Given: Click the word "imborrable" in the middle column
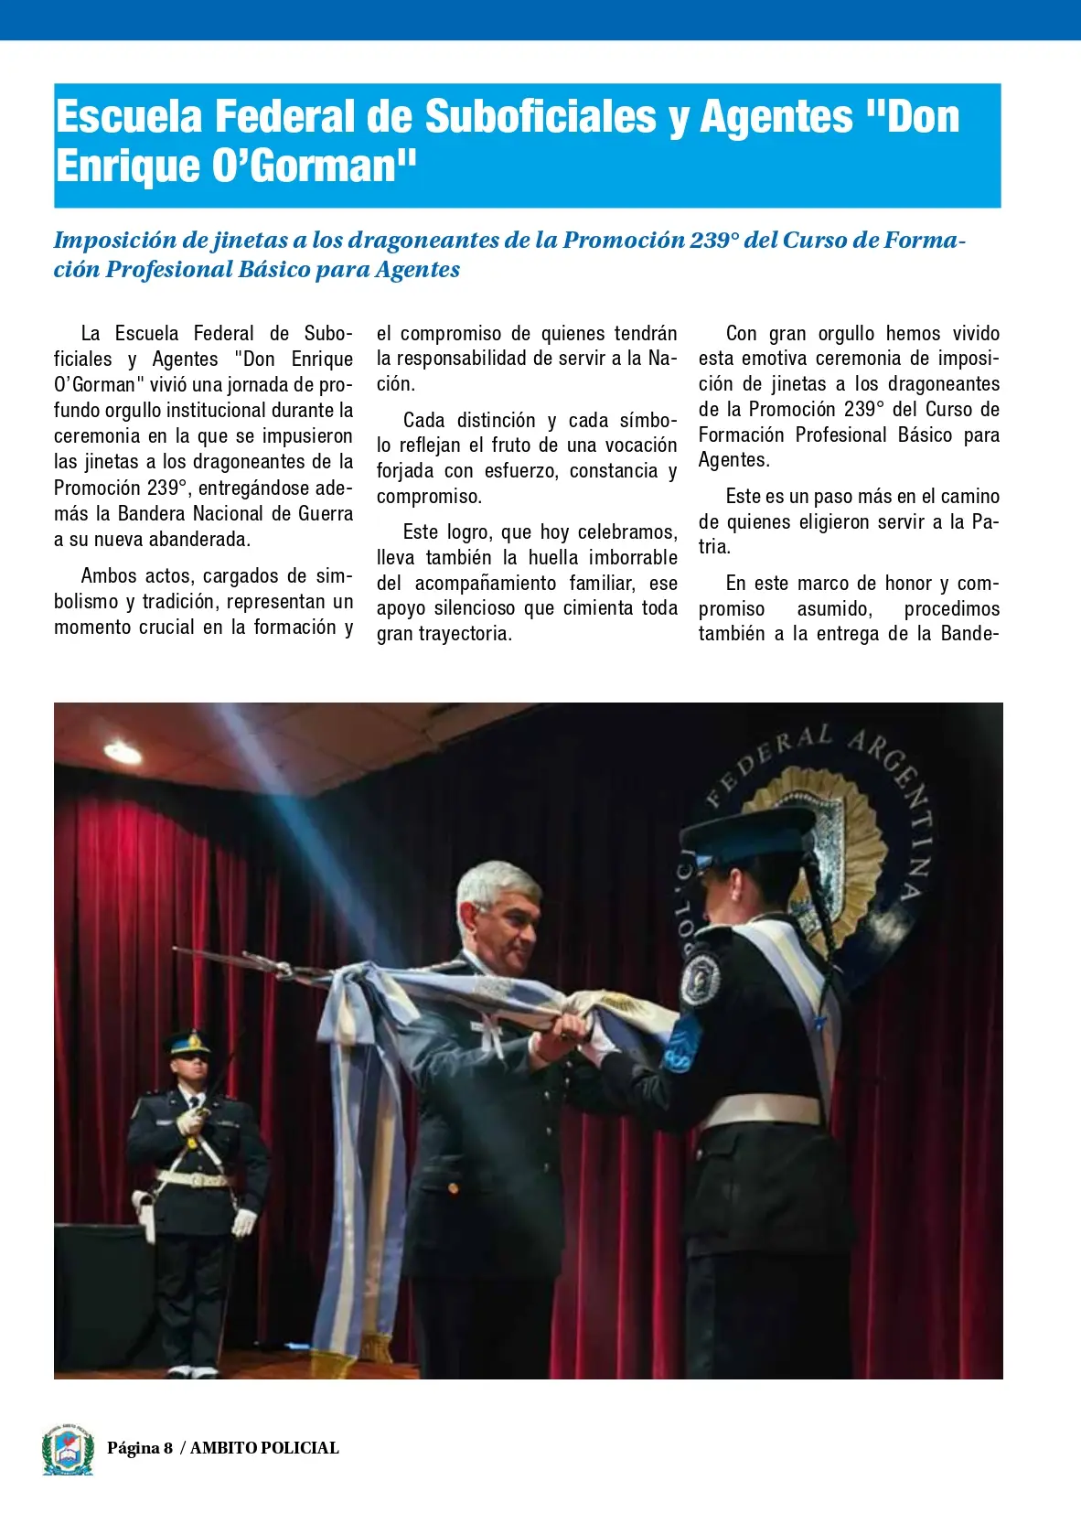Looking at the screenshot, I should tap(632, 558).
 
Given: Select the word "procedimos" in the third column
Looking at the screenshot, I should tap(951, 609).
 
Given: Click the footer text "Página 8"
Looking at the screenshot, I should tap(140, 1448).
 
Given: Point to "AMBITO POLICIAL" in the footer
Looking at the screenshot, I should tap(264, 1448).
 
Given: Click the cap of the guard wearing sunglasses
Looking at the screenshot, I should tap(188, 1044).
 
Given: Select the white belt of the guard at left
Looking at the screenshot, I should tap(193, 1178).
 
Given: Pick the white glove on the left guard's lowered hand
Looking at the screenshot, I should tap(244, 1222).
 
